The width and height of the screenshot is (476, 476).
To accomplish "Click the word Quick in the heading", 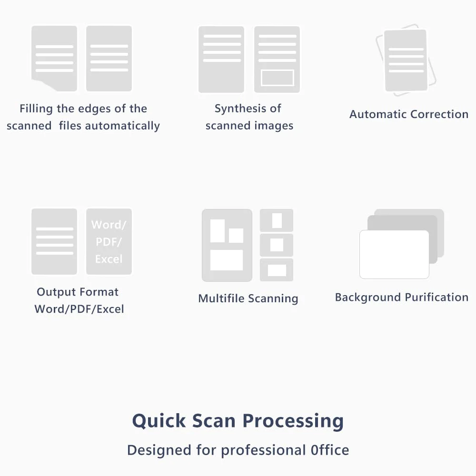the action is pos(159,421).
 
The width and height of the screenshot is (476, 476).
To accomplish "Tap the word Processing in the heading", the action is pos(293,421).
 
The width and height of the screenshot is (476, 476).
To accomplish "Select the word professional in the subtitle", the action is pos(263,450).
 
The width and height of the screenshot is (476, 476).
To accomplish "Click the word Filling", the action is pos(36,109).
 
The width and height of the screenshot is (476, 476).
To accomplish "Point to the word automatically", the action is pos(122,126).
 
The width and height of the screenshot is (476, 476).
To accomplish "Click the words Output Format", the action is pos(78,292).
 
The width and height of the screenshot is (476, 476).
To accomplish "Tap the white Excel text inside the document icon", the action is pos(109,259).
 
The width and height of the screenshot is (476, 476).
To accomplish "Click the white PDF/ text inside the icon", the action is pos(109,242).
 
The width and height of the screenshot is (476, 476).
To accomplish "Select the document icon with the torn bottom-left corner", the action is pos(54,58).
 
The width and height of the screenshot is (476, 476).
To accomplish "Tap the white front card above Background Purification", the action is pos(394,254).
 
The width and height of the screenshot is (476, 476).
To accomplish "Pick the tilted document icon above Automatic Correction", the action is pos(406,60).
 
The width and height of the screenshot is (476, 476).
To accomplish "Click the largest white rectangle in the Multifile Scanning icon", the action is pos(227,260).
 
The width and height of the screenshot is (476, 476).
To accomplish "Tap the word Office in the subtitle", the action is pos(330,450).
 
